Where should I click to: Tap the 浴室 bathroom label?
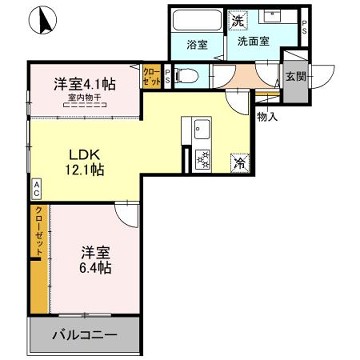pyautogui.click(x=195, y=45)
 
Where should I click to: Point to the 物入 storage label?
pyautogui.click(x=268, y=116)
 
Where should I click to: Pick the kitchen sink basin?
pyautogui.click(x=199, y=129)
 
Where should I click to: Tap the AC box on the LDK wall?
pyautogui.click(x=35, y=186)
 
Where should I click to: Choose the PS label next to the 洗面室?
pyautogui.click(x=305, y=31)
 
